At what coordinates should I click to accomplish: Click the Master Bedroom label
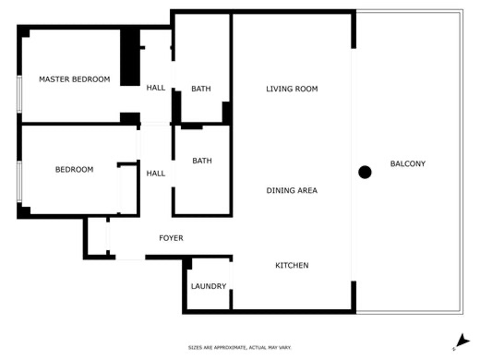click(x=74, y=79)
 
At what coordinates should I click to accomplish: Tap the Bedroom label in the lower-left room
click(x=74, y=169)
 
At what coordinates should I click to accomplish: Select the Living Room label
click(x=292, y=89)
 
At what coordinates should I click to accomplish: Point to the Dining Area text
click(x=292, y=190)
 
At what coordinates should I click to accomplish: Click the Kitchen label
click(x=292, y=266)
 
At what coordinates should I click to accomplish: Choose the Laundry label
click(x=208, y=286)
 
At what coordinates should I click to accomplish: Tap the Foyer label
click(x=171, y=238)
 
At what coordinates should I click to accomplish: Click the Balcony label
click(x=408, y=164)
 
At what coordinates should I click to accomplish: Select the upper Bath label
click(x=201, y=89)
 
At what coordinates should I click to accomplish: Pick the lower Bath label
click(x=201, y=161)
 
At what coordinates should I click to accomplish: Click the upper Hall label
click(x=156, y=88)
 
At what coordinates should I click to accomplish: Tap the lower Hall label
click(x=156, y=173)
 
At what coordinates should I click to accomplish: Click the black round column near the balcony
click(x=365, y=172)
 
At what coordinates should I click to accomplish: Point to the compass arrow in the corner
click(x=460, y=342)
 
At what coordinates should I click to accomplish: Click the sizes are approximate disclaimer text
click(x=239, y=347)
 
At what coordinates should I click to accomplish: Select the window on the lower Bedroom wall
click(x=18, y=181)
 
